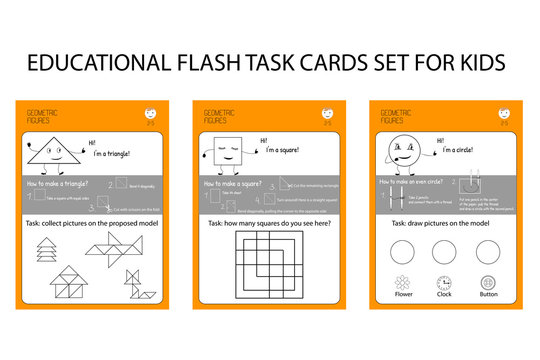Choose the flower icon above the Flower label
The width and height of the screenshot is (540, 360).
click(x=402, y=284)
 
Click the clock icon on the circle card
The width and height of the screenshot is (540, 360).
click(x=445, y=284)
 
